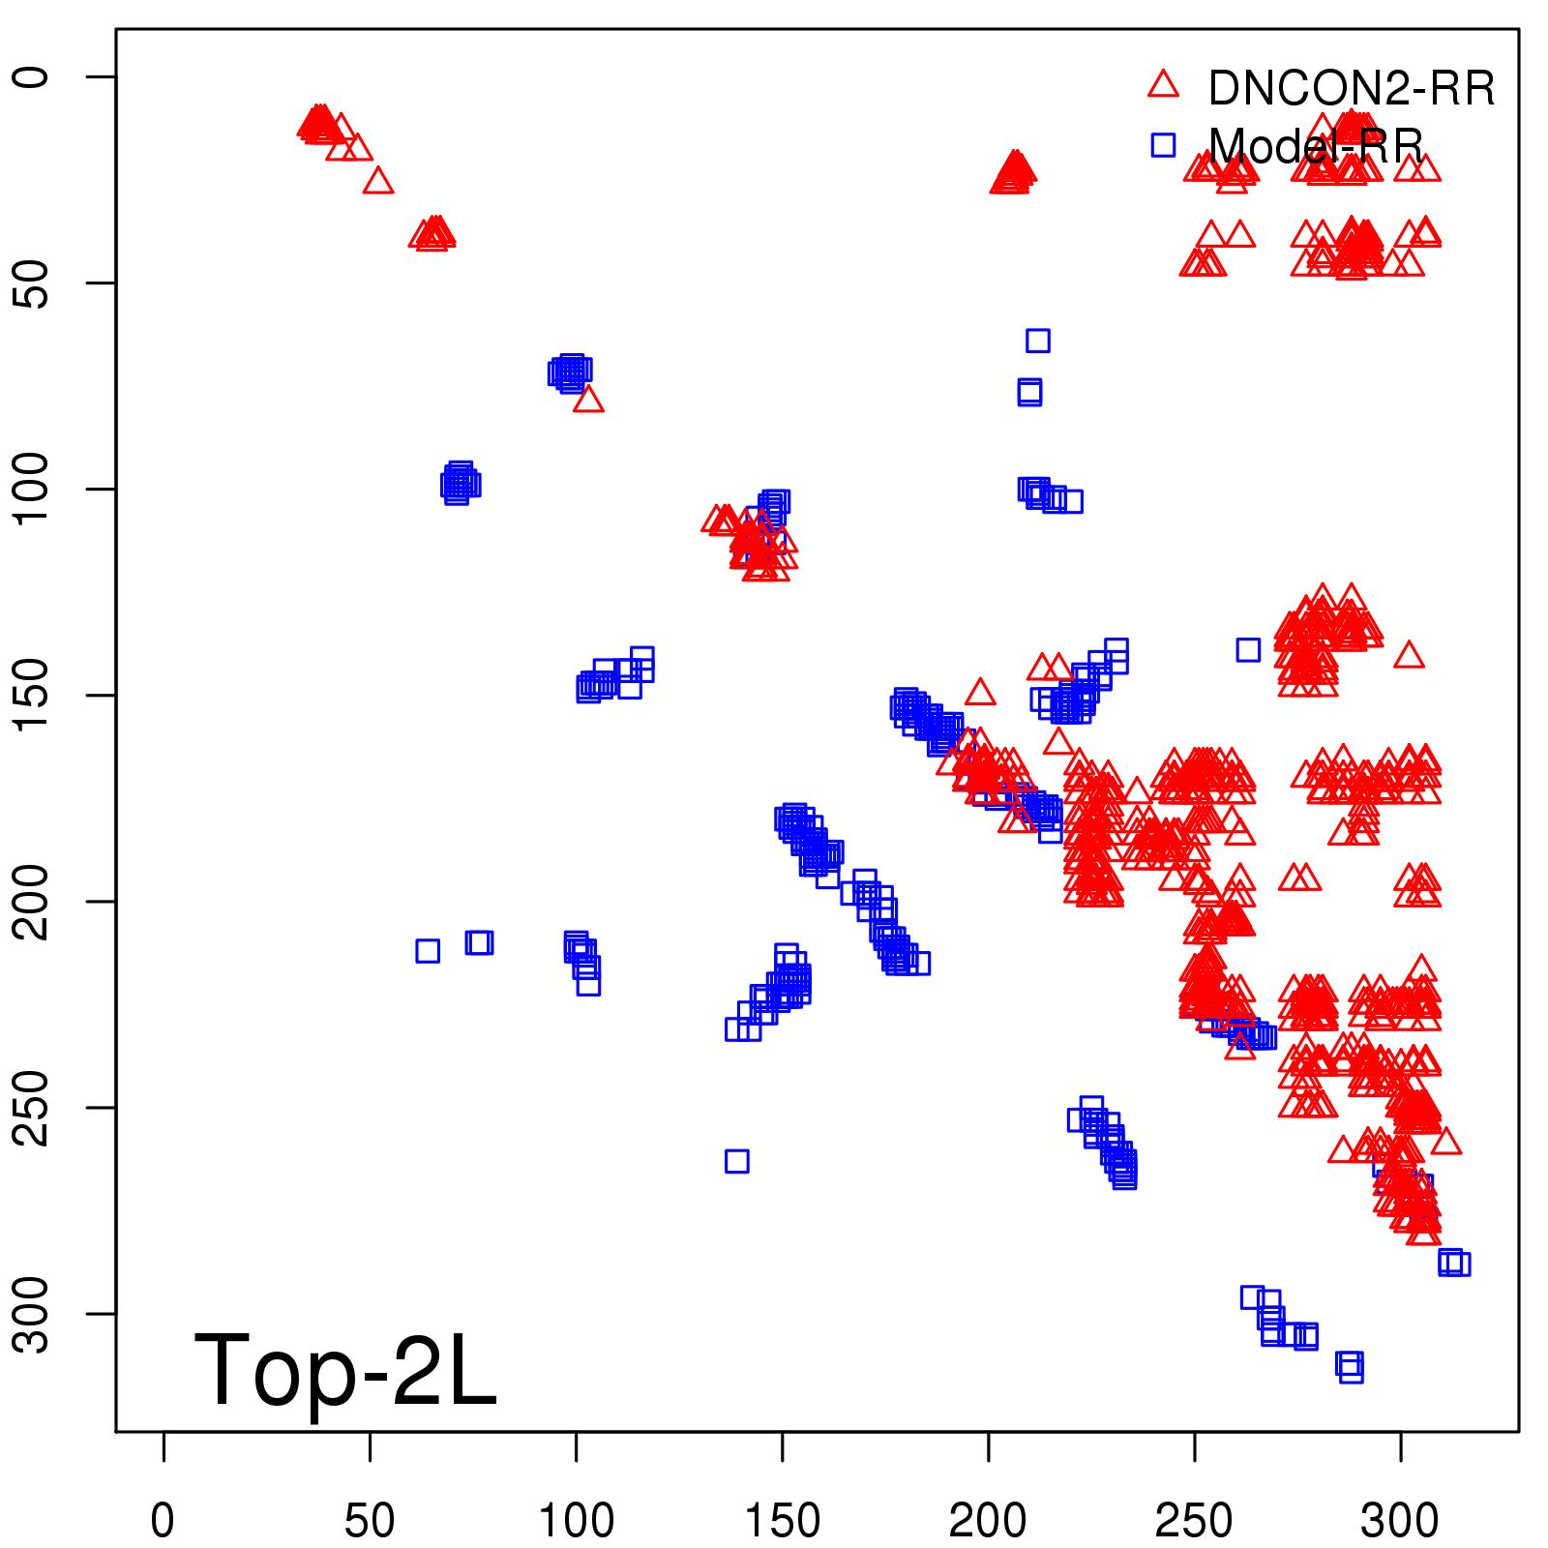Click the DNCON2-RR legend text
(1351, 88)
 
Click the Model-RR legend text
(1316, 146)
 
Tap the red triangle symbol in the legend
(1163, 85)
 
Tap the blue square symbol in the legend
(1163, 145)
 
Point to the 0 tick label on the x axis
(164, 1521)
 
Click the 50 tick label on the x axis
(370, 1521)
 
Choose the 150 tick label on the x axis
(782, 1521)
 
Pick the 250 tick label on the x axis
(1194, 1521)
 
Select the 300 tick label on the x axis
(1400, 1521)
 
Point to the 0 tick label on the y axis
(31, 77)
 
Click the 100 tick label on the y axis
(31, 489)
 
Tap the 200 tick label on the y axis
(31, 901)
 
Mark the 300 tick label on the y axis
(31, 1313)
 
